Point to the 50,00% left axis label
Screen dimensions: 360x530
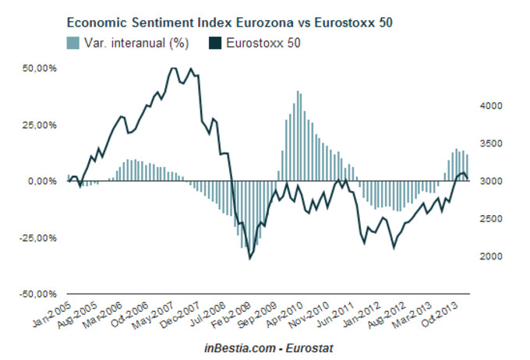[42, 69]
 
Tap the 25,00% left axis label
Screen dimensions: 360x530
[42, 125]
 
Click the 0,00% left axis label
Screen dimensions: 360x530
[44, 182]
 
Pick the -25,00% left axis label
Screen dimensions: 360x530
[41, 238]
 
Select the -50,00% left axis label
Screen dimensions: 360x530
[41, 295]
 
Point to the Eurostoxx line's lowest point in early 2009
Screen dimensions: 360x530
[249, 258]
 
